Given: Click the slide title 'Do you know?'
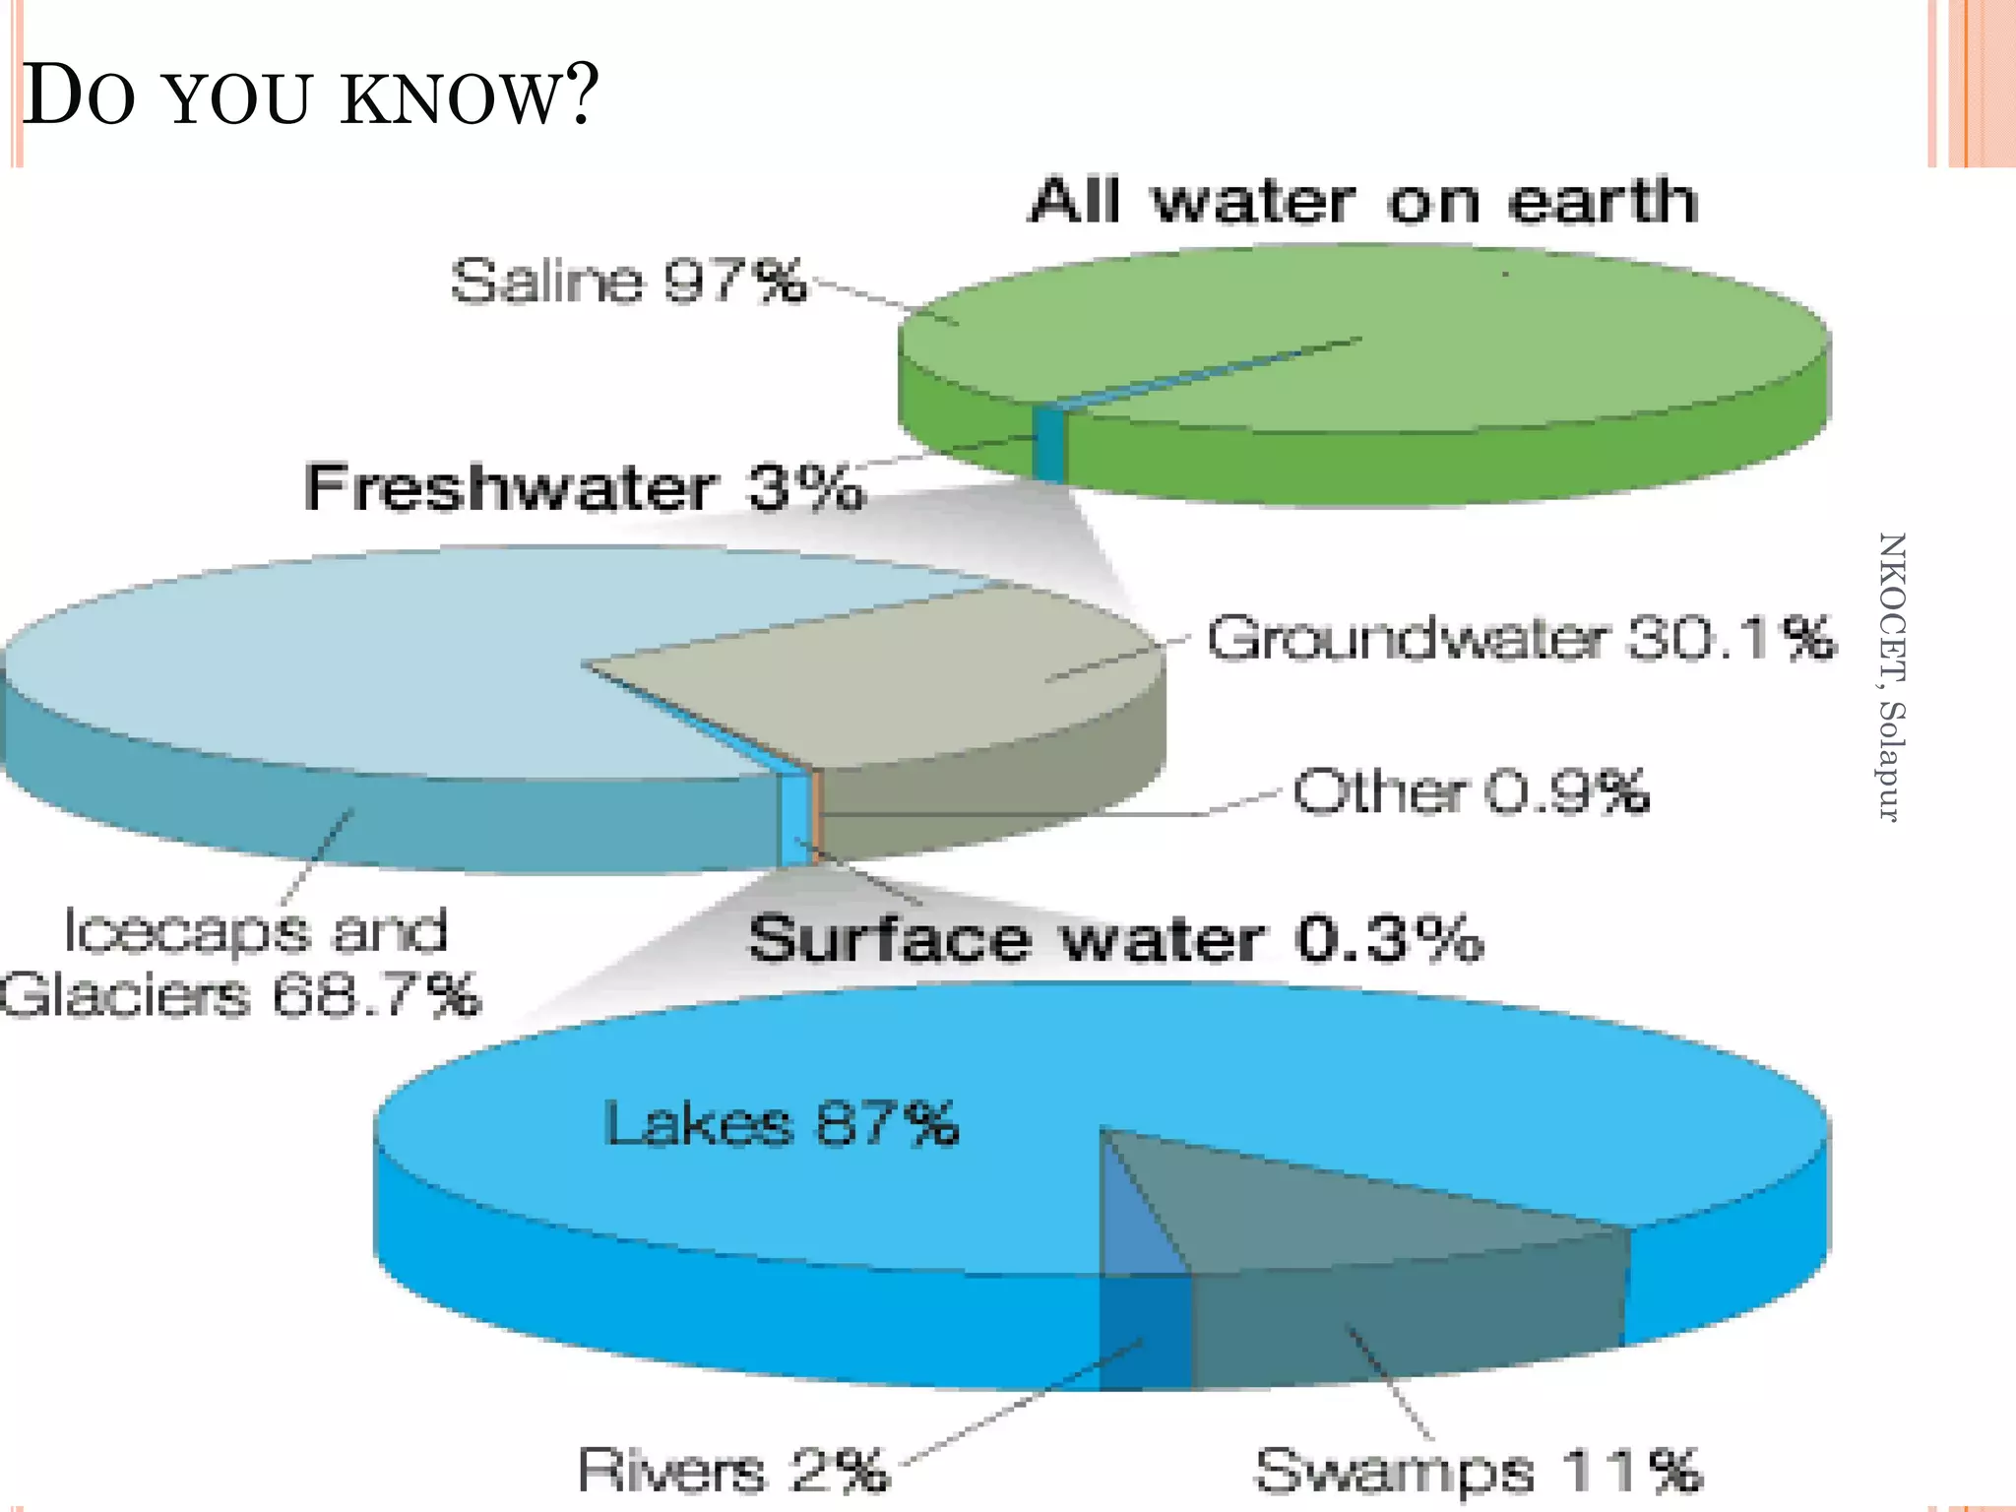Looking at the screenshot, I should click(310, 95).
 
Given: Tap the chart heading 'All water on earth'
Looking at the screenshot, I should click(1363, 201).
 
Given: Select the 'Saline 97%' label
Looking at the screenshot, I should click(627, 281).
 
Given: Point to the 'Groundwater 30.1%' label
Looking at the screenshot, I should click(1521, 638).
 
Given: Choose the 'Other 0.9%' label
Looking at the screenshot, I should click(1471, 791).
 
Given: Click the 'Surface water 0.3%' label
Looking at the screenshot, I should click(1115, 938).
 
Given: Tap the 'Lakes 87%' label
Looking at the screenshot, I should click(782, 1124).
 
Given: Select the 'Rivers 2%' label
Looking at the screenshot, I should click(732, 1470).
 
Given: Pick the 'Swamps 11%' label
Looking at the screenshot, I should click(1478, 1471).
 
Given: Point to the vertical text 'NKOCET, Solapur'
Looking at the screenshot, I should click(1891, 677).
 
